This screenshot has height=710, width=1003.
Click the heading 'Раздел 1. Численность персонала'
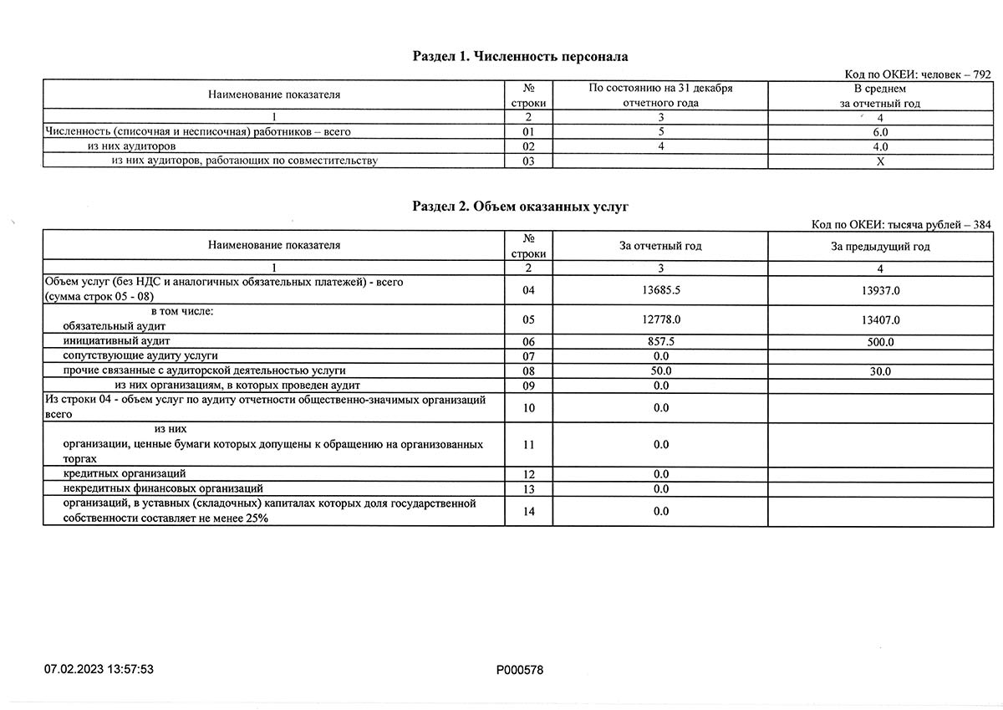click(x=520, y=57)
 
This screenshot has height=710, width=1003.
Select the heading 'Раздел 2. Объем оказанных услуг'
click(x=520, y=207)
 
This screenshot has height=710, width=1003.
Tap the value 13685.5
click(x=660, y=290)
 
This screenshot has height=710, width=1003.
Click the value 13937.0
click(x=880, y=290)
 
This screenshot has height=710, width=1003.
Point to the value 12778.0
click(x=660, y=319)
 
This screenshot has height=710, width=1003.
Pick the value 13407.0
click(x=880, y=319)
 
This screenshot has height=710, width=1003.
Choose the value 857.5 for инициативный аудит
click(x=660, y=342)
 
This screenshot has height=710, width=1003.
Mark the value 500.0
click(x=880, y=342)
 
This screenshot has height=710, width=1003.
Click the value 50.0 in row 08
click(x=660, y=370)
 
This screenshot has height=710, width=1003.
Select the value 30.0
click(x=880, y=371)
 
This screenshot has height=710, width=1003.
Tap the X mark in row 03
click(x=880, y=161)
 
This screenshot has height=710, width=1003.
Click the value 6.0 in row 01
click(x=880, y=132)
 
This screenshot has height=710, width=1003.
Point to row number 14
click(x=527, y=512)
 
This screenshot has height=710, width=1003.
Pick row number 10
click(x=527, y=407)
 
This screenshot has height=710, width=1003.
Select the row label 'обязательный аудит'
click(x=115, y=325)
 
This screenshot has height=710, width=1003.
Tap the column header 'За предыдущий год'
click(x=880, y=246)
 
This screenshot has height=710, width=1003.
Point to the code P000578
click(x=519, y=669)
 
